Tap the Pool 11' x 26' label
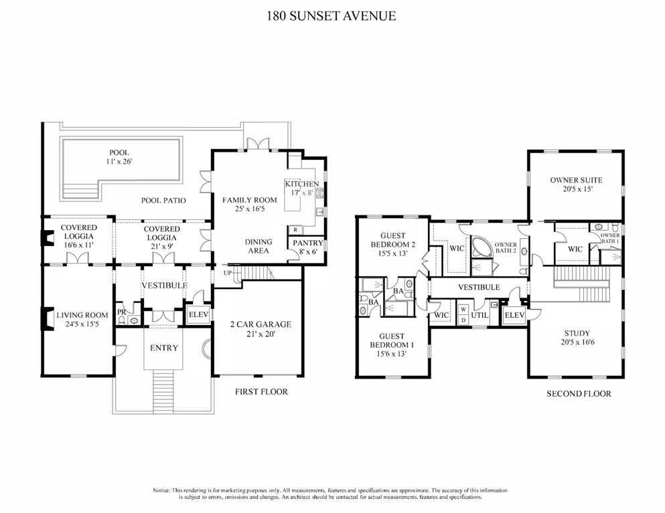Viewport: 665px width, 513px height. coord(119,157)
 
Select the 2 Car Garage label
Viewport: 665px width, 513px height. coord(261,329)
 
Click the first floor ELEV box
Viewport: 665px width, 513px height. coord(198,314)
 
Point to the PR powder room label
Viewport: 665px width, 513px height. coord(121,312)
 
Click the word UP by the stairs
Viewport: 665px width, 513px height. coord(226,274)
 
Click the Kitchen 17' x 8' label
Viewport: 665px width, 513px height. coord(301,189)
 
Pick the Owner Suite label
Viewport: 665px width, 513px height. coord(576,185)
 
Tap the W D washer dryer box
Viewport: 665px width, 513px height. coord(462,314)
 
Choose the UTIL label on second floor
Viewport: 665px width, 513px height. coord(479,314)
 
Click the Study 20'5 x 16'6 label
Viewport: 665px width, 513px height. coord(576,337)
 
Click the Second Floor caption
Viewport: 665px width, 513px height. coord(579,394)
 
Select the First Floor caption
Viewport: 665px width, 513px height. coord(261,391)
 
